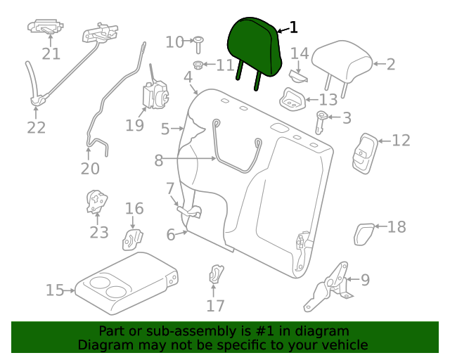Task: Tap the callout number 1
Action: (x=293, y=27)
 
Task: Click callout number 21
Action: (x=51, y=54)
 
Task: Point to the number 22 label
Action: (x=36, y=127)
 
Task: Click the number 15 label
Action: (x=55, y=290)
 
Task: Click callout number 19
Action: (x=135, y=125)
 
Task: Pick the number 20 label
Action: (x=90, y=168)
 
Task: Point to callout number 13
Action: (x=328, y=100)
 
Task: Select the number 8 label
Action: (x=159, y=160)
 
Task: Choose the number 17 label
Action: (x=215, y=305)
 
